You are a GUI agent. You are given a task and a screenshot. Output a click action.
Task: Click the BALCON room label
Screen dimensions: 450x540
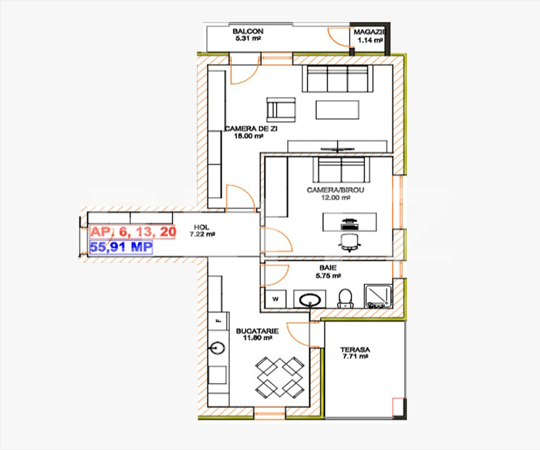click(247, 35)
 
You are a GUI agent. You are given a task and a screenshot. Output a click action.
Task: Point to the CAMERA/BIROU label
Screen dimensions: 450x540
click(329, 193)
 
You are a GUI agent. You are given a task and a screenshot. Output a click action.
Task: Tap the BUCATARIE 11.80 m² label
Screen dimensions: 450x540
click(257, 334)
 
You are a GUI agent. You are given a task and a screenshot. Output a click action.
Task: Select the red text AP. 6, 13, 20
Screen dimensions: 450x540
click(132, 232)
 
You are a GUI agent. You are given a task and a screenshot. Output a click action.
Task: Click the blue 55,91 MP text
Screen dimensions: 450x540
click(121, 247)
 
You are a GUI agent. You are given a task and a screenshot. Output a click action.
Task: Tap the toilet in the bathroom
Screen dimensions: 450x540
click(345, 298)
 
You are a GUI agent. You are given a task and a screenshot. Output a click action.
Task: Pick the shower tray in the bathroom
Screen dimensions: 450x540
click(378, 296)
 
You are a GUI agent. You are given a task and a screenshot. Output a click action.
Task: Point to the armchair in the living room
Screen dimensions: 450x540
click(282, 109)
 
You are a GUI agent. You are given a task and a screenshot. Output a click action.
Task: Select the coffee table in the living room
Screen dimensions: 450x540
click(337, 110)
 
